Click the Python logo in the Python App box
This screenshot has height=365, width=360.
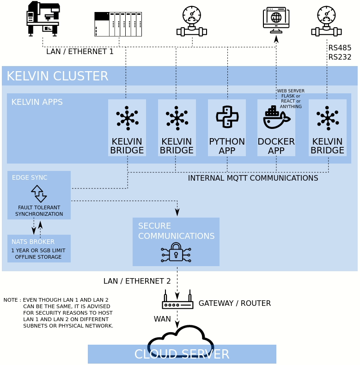click(227, 116)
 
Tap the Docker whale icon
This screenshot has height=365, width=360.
click(276, 117)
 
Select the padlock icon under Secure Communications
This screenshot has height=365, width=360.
click(176, 252)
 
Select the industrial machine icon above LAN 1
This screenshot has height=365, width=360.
click(43, 18)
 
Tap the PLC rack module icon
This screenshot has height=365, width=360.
click(118, 24)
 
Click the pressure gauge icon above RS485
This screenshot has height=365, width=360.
click(326, 21)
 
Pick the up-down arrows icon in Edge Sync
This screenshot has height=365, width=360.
click(39, 194)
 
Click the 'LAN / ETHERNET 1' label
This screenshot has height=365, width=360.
click(79, 51)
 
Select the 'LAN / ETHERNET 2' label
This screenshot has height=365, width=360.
click(137, 281)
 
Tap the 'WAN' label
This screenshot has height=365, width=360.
click(162, 319)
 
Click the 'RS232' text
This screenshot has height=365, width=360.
click(340, 57)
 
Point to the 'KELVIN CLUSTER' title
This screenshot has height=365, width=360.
click(57, 76)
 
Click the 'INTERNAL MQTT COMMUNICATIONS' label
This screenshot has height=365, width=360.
click(253, 178)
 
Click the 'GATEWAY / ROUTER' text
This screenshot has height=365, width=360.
click(234, 303)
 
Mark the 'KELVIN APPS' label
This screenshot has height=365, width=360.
click(37, 102)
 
